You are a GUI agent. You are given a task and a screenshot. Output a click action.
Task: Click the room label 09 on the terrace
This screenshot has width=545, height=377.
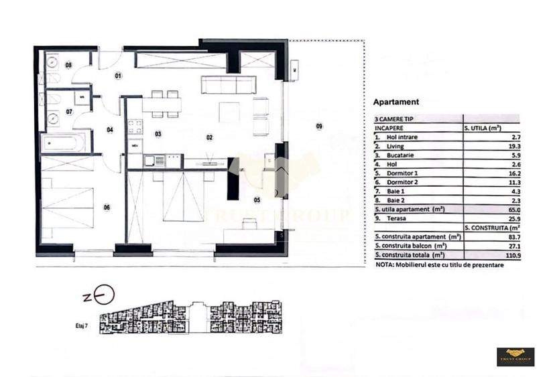point(319,126)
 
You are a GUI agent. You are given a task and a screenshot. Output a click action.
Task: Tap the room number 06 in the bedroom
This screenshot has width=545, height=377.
point(107,207)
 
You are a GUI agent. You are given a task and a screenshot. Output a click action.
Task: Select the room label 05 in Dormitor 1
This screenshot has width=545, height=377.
point(256,200)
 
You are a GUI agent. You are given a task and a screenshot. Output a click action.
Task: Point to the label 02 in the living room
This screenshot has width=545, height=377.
point(209,137)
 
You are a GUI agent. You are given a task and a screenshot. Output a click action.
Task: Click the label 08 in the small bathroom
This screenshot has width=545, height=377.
point(68,65)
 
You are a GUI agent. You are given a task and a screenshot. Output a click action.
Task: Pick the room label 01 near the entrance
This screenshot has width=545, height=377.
point(118,76)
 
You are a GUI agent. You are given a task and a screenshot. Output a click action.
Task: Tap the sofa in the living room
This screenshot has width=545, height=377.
point(229,84)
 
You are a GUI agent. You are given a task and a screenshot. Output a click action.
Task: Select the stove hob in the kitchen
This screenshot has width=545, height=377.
point(135,125)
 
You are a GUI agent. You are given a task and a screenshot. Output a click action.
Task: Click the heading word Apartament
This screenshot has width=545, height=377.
point(396,102)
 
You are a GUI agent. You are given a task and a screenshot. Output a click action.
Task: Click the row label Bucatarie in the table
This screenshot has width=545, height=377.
point(402,155)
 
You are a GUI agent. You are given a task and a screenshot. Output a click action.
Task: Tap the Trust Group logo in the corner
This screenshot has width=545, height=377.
point(515,356)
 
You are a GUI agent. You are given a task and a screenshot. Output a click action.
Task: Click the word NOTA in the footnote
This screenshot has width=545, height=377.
point(385,265)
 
